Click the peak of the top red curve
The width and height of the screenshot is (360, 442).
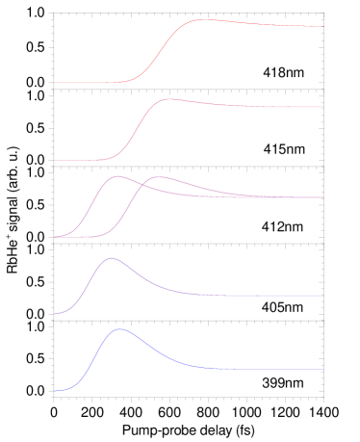201,19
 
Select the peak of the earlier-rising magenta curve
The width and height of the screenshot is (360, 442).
117,176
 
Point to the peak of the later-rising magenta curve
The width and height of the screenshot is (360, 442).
160,177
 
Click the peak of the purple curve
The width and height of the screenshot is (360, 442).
111,258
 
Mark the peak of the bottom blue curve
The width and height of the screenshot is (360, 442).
120,329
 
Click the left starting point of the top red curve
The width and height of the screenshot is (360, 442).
55,83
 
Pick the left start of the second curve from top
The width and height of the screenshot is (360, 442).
55,160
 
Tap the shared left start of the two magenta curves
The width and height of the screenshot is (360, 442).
55,237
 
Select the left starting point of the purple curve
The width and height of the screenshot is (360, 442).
55,314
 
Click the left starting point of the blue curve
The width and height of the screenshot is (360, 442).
55,391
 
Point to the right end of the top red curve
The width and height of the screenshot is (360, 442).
322,27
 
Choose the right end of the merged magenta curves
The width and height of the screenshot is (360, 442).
322,196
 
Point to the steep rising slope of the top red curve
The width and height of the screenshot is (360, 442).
162,52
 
